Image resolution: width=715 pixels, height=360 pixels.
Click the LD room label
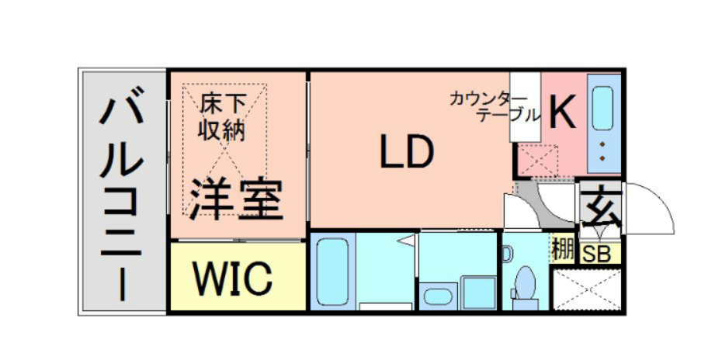coord(405,152)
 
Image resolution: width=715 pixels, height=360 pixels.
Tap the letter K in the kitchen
coord(563,113)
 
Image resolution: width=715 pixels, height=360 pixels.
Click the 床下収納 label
coord(222,116)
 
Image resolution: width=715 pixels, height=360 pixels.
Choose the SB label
coord(597,254)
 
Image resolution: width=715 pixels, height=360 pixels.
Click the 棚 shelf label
coord(563,250)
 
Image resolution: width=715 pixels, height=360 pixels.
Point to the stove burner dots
coord(603,152)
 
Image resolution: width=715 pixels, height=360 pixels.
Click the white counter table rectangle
coord(524,107)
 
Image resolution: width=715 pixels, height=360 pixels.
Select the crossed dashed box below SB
coord(587,287)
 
